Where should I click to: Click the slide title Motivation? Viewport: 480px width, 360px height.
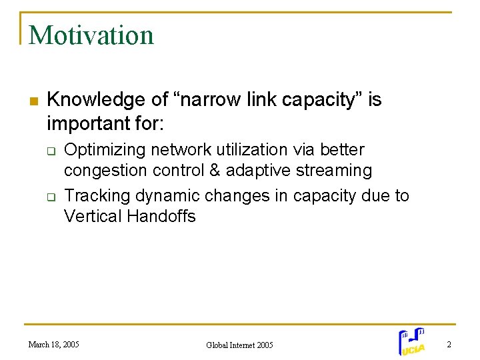coord(91,35)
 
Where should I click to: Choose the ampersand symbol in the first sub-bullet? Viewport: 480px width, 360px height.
coord(215,171)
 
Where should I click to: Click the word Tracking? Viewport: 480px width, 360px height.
coord(97,195)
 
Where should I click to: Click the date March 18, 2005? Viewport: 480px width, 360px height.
coord(53,344)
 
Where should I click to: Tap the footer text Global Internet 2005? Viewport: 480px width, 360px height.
coord(239,345)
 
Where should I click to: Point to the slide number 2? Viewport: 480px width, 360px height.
coord(449,344)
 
